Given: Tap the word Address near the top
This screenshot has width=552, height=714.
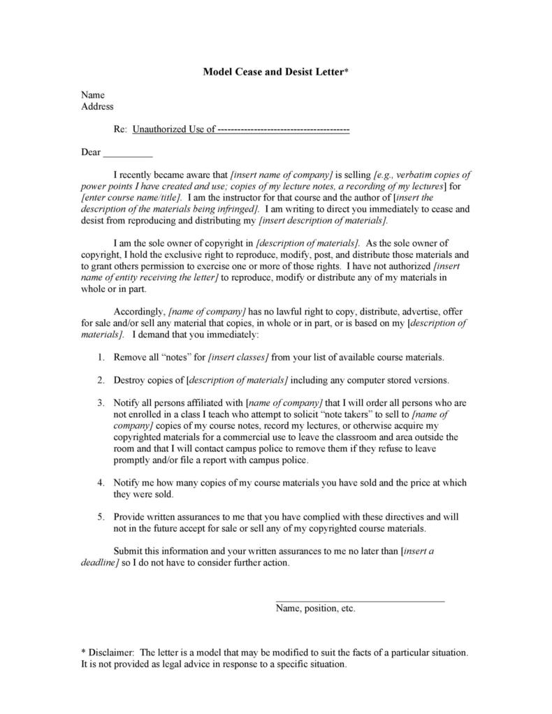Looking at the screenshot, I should (x=97, y=107).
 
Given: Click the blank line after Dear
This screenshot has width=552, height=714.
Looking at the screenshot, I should (x=128, y=152).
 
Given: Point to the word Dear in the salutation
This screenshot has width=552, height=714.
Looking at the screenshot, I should (x=91, y=152).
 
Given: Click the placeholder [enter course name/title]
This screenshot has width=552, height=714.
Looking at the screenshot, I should (x=132, y=198).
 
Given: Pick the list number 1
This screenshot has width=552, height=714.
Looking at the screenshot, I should (x=101, y=357).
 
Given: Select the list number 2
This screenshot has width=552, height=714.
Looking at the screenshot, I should (x=101, y=380).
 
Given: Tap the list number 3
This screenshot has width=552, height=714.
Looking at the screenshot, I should (x=101, y=403).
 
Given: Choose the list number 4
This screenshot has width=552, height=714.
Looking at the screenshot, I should (x=101, y=483).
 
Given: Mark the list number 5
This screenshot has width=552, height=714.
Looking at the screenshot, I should (x=101, y=517).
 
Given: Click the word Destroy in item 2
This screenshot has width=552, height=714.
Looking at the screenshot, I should (x=129, y=380).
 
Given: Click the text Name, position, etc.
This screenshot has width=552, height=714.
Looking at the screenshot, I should (x=316, y=609).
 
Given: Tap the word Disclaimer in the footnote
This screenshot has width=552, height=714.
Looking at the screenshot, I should (x=110, y=653).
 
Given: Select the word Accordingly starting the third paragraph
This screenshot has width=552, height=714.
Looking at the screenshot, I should (x=139, y=311).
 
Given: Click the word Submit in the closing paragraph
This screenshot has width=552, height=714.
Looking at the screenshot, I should (x=128, y=551).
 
